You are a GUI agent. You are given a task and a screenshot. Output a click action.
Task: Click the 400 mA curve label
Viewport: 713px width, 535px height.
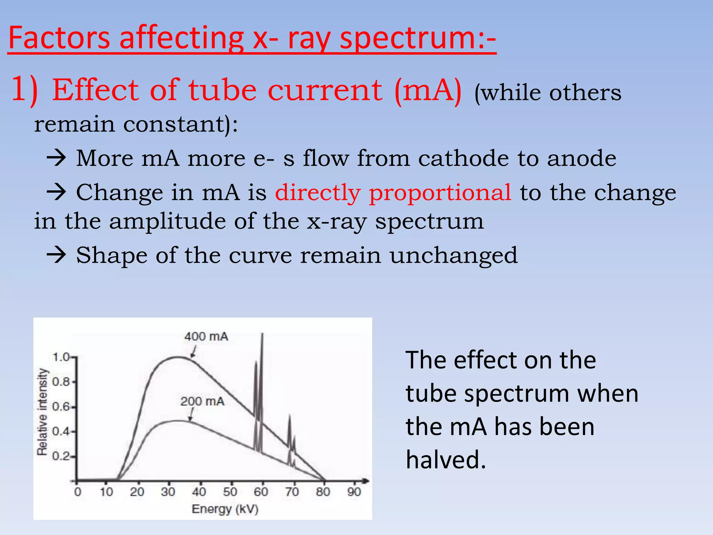(206, 336)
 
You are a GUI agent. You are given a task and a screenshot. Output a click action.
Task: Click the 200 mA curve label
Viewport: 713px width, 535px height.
(202, 401)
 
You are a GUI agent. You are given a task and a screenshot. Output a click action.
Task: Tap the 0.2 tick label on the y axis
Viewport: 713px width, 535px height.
(61, 456)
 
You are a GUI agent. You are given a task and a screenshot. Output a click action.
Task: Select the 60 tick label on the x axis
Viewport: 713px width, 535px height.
(261, 492)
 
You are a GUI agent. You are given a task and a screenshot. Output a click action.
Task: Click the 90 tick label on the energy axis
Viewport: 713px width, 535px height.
(354, 492)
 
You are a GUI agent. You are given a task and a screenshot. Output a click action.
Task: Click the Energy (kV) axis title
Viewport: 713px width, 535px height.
(225, 509)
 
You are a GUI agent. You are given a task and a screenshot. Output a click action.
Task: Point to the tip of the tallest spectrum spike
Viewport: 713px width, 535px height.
(262, 334)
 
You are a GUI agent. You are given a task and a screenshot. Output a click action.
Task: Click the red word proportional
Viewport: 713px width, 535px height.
(440, 192)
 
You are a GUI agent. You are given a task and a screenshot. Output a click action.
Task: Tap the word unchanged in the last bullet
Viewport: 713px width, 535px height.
(453, 255)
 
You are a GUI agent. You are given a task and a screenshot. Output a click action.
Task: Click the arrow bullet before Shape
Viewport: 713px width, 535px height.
(56, 255)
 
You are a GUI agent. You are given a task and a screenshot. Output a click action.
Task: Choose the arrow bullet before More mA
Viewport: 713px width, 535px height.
(56, 158)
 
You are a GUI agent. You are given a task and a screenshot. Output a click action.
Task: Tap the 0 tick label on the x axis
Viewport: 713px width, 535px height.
(77, 492)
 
